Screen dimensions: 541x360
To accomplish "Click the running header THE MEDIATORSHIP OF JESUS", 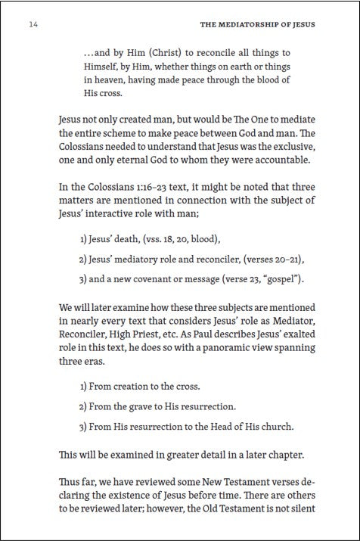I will [x=257, y=24].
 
